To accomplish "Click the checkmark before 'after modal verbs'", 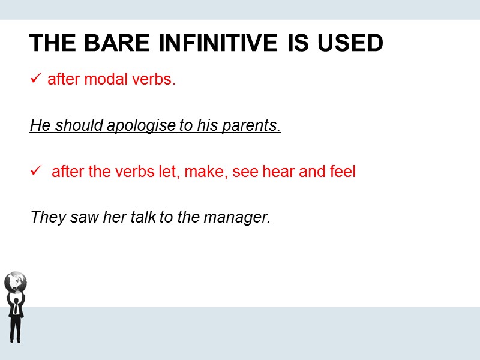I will coord(35,79).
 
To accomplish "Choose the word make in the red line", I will coord(203,172).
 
